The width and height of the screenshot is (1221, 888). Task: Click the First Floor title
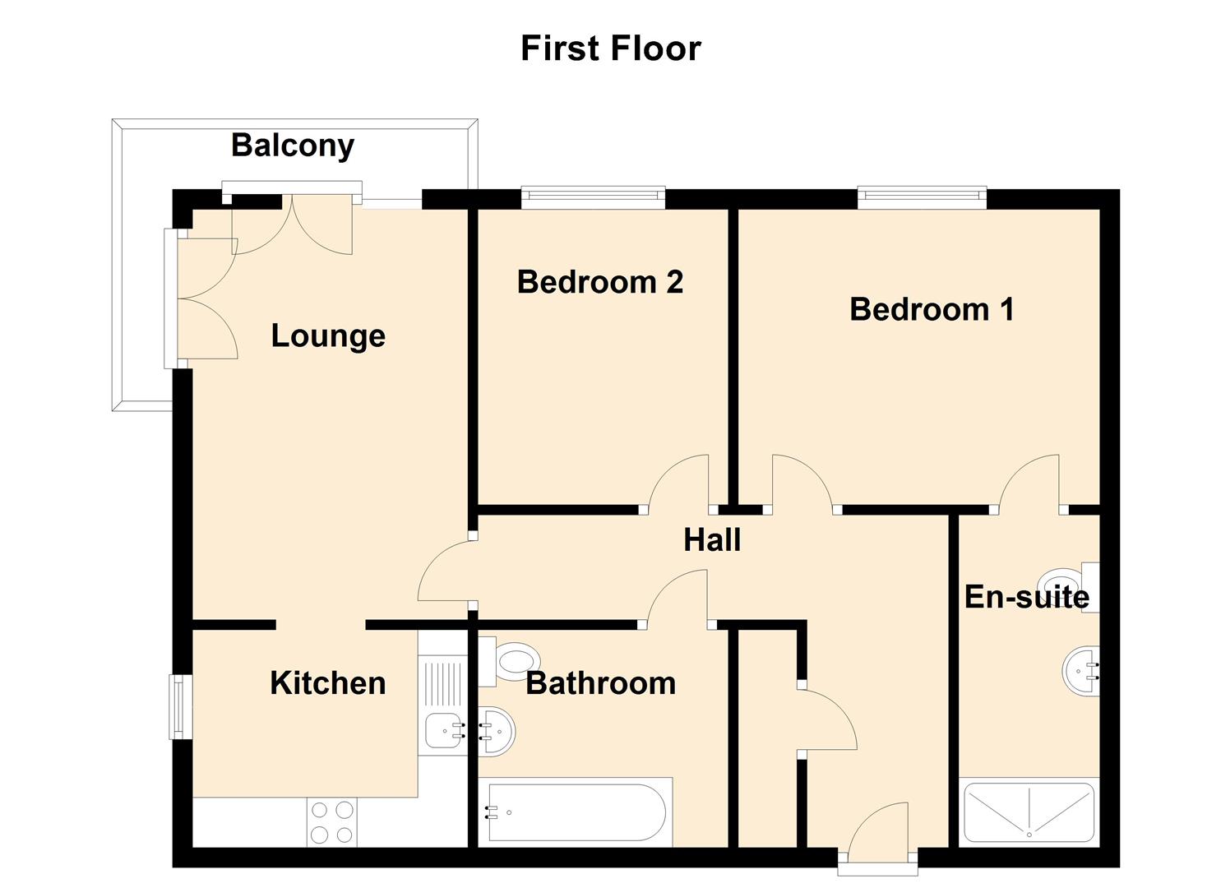[x=610, y=48]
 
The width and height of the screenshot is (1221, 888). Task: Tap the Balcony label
[x=293, y=146]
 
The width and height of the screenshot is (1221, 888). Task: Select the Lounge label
[x=328, y=335]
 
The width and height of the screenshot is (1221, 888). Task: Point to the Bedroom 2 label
[x=600, y=282]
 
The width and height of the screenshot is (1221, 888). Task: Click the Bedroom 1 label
[x=932, y=309]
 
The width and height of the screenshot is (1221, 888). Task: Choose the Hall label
[x=712, y=539]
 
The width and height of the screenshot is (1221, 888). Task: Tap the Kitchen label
[x=328, y=682]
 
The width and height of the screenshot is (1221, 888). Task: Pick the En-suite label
[x=1027, y=596]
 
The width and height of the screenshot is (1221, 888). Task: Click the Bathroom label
[x=601, y=683]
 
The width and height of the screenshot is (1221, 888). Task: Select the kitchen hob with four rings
[x=332, y=822]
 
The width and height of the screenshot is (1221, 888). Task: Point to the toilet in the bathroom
[x=509, y=662]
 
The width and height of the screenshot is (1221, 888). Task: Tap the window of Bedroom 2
[x=593, y=198]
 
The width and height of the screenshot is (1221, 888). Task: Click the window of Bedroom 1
[x=923, y=198]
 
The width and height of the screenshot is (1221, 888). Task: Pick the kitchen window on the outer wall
[x=180, y=707]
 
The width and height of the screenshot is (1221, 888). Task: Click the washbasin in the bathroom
[x=497, y=732]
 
